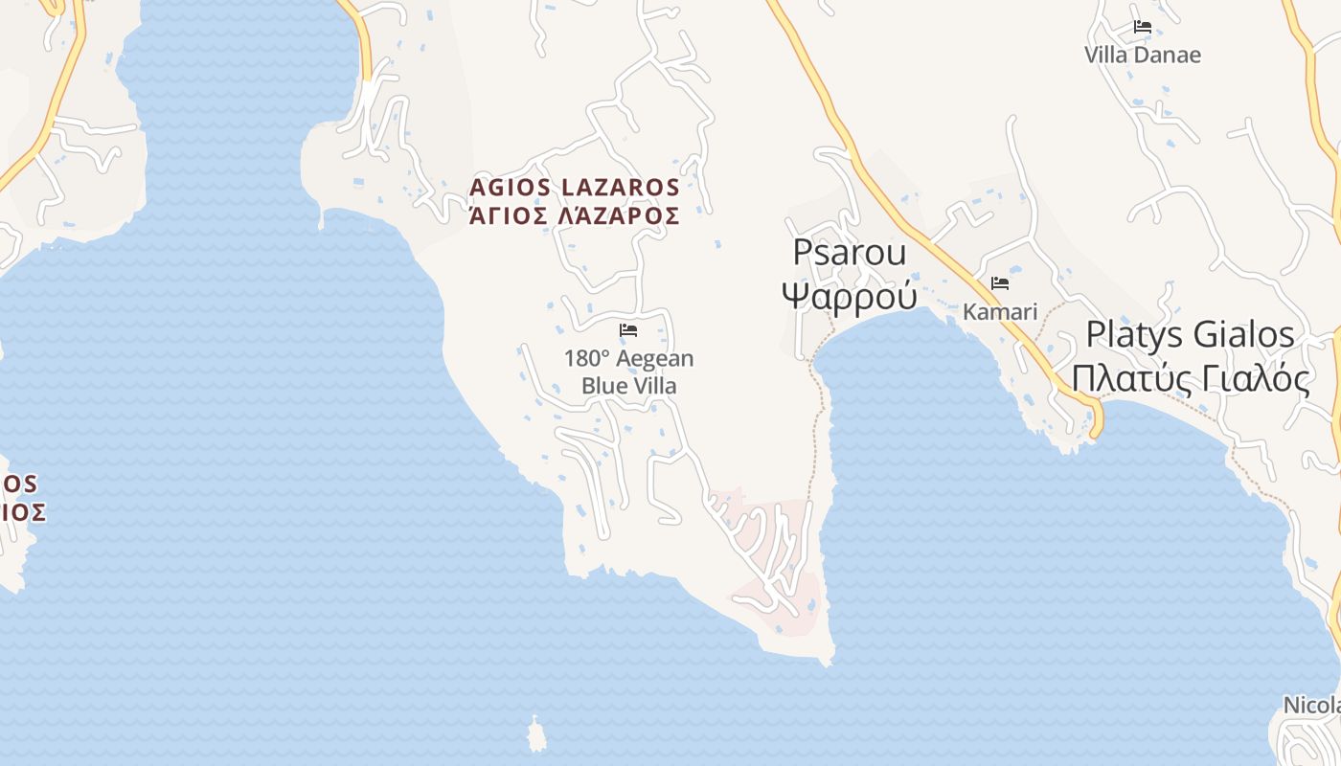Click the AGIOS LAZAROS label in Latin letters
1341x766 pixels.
pos(574,187)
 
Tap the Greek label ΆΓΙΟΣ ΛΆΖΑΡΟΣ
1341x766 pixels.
pos(574,215)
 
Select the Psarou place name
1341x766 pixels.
pos(849,253)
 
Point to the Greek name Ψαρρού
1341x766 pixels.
pos(849,295)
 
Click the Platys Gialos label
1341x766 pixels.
pos(1190,335)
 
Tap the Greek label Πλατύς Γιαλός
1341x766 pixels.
pos(1190,378)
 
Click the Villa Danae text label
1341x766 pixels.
pos(1142,55)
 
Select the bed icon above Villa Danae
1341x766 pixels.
pos(1142,27)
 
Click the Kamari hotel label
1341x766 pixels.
pos(1000,312)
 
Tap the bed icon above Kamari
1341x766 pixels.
pos(1000,283)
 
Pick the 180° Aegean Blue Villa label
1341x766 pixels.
pos(628,372)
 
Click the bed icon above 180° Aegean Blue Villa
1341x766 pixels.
pos(628,330)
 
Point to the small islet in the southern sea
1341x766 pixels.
pos(535,735)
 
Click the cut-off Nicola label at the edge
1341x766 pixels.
pos(1311,706)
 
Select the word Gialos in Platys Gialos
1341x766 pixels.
pos(1240,335)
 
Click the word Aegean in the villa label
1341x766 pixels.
pos(655,359)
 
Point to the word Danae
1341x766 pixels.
pos(1168,55)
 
